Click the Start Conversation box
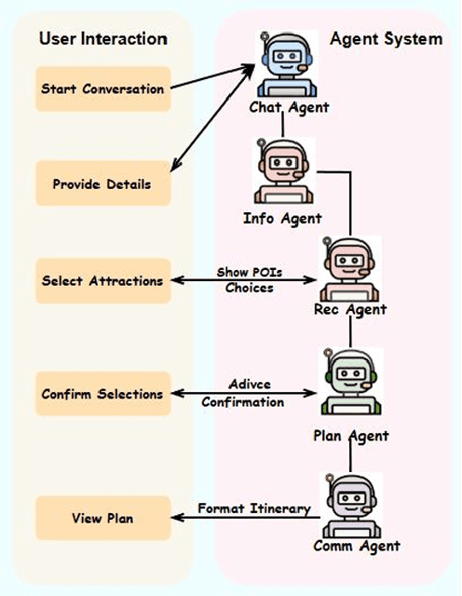point(102,89)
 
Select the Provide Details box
point(102,184)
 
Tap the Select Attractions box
point(102,280)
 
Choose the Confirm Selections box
point(102,394)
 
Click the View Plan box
point(102,518)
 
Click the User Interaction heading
point(102,39)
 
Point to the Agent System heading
point(386,39)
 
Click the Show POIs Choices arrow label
point(249,279)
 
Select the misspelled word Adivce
point(249,385)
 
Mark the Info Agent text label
point(282,219)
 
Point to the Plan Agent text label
point(350,435)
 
